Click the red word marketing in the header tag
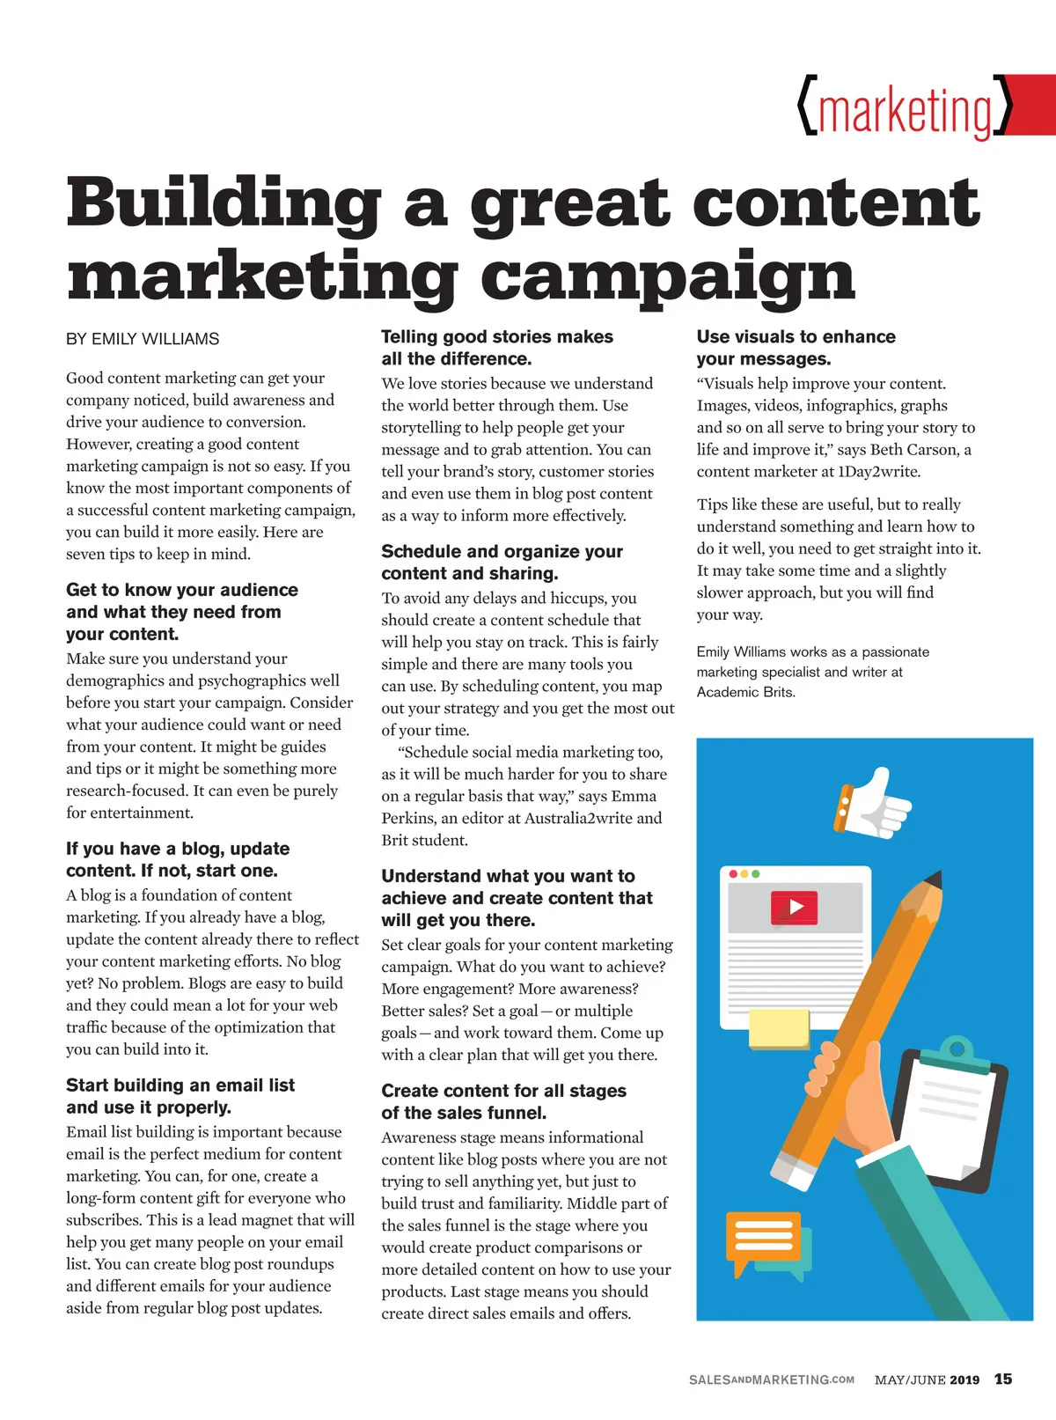click(906, 111)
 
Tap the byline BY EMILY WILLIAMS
click(143, 339)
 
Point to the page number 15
click(1003, 1380)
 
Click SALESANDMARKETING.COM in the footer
click(771, 1380)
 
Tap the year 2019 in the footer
click(964, 1380)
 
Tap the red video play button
click(795, 908)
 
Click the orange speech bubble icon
click(763, 1237)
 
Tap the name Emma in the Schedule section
click(634, 796)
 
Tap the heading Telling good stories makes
click(497, 336)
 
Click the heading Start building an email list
click(180, 1085)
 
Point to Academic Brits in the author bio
click(745, 692)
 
